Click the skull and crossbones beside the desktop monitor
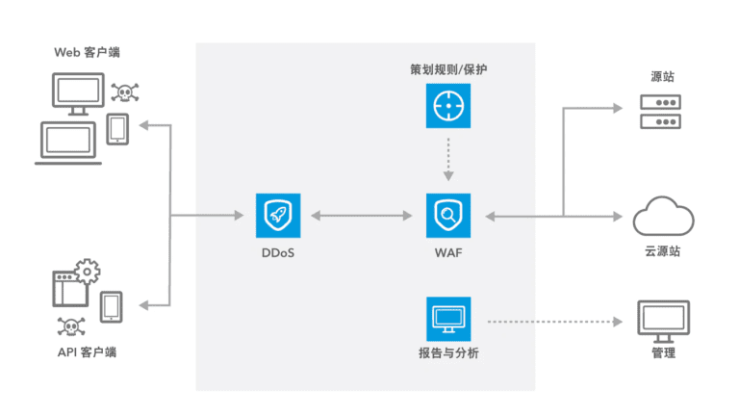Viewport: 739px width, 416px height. [125, 93]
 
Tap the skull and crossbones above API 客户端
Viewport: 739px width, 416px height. [68, 325]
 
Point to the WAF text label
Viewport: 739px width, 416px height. [449, 253]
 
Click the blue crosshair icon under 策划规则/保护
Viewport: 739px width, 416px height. [449, 106]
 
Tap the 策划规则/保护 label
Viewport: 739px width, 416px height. [449, 70]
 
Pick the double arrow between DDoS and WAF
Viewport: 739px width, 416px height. [364, 217]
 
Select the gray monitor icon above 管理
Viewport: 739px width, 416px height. [663, 318]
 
